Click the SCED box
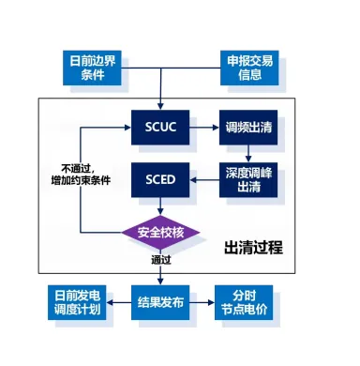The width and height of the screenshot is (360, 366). [x=161, y=175]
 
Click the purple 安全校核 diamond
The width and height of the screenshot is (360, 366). [x=161, y=231]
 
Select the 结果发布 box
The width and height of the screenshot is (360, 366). [x=161, y=303]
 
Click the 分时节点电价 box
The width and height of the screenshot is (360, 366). [x=246, y=303]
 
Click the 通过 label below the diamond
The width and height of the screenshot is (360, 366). [x=162, y=260]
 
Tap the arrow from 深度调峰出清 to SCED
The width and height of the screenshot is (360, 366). [x=205, y=176]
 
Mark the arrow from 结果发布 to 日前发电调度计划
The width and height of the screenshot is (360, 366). [x=122, y=303]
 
